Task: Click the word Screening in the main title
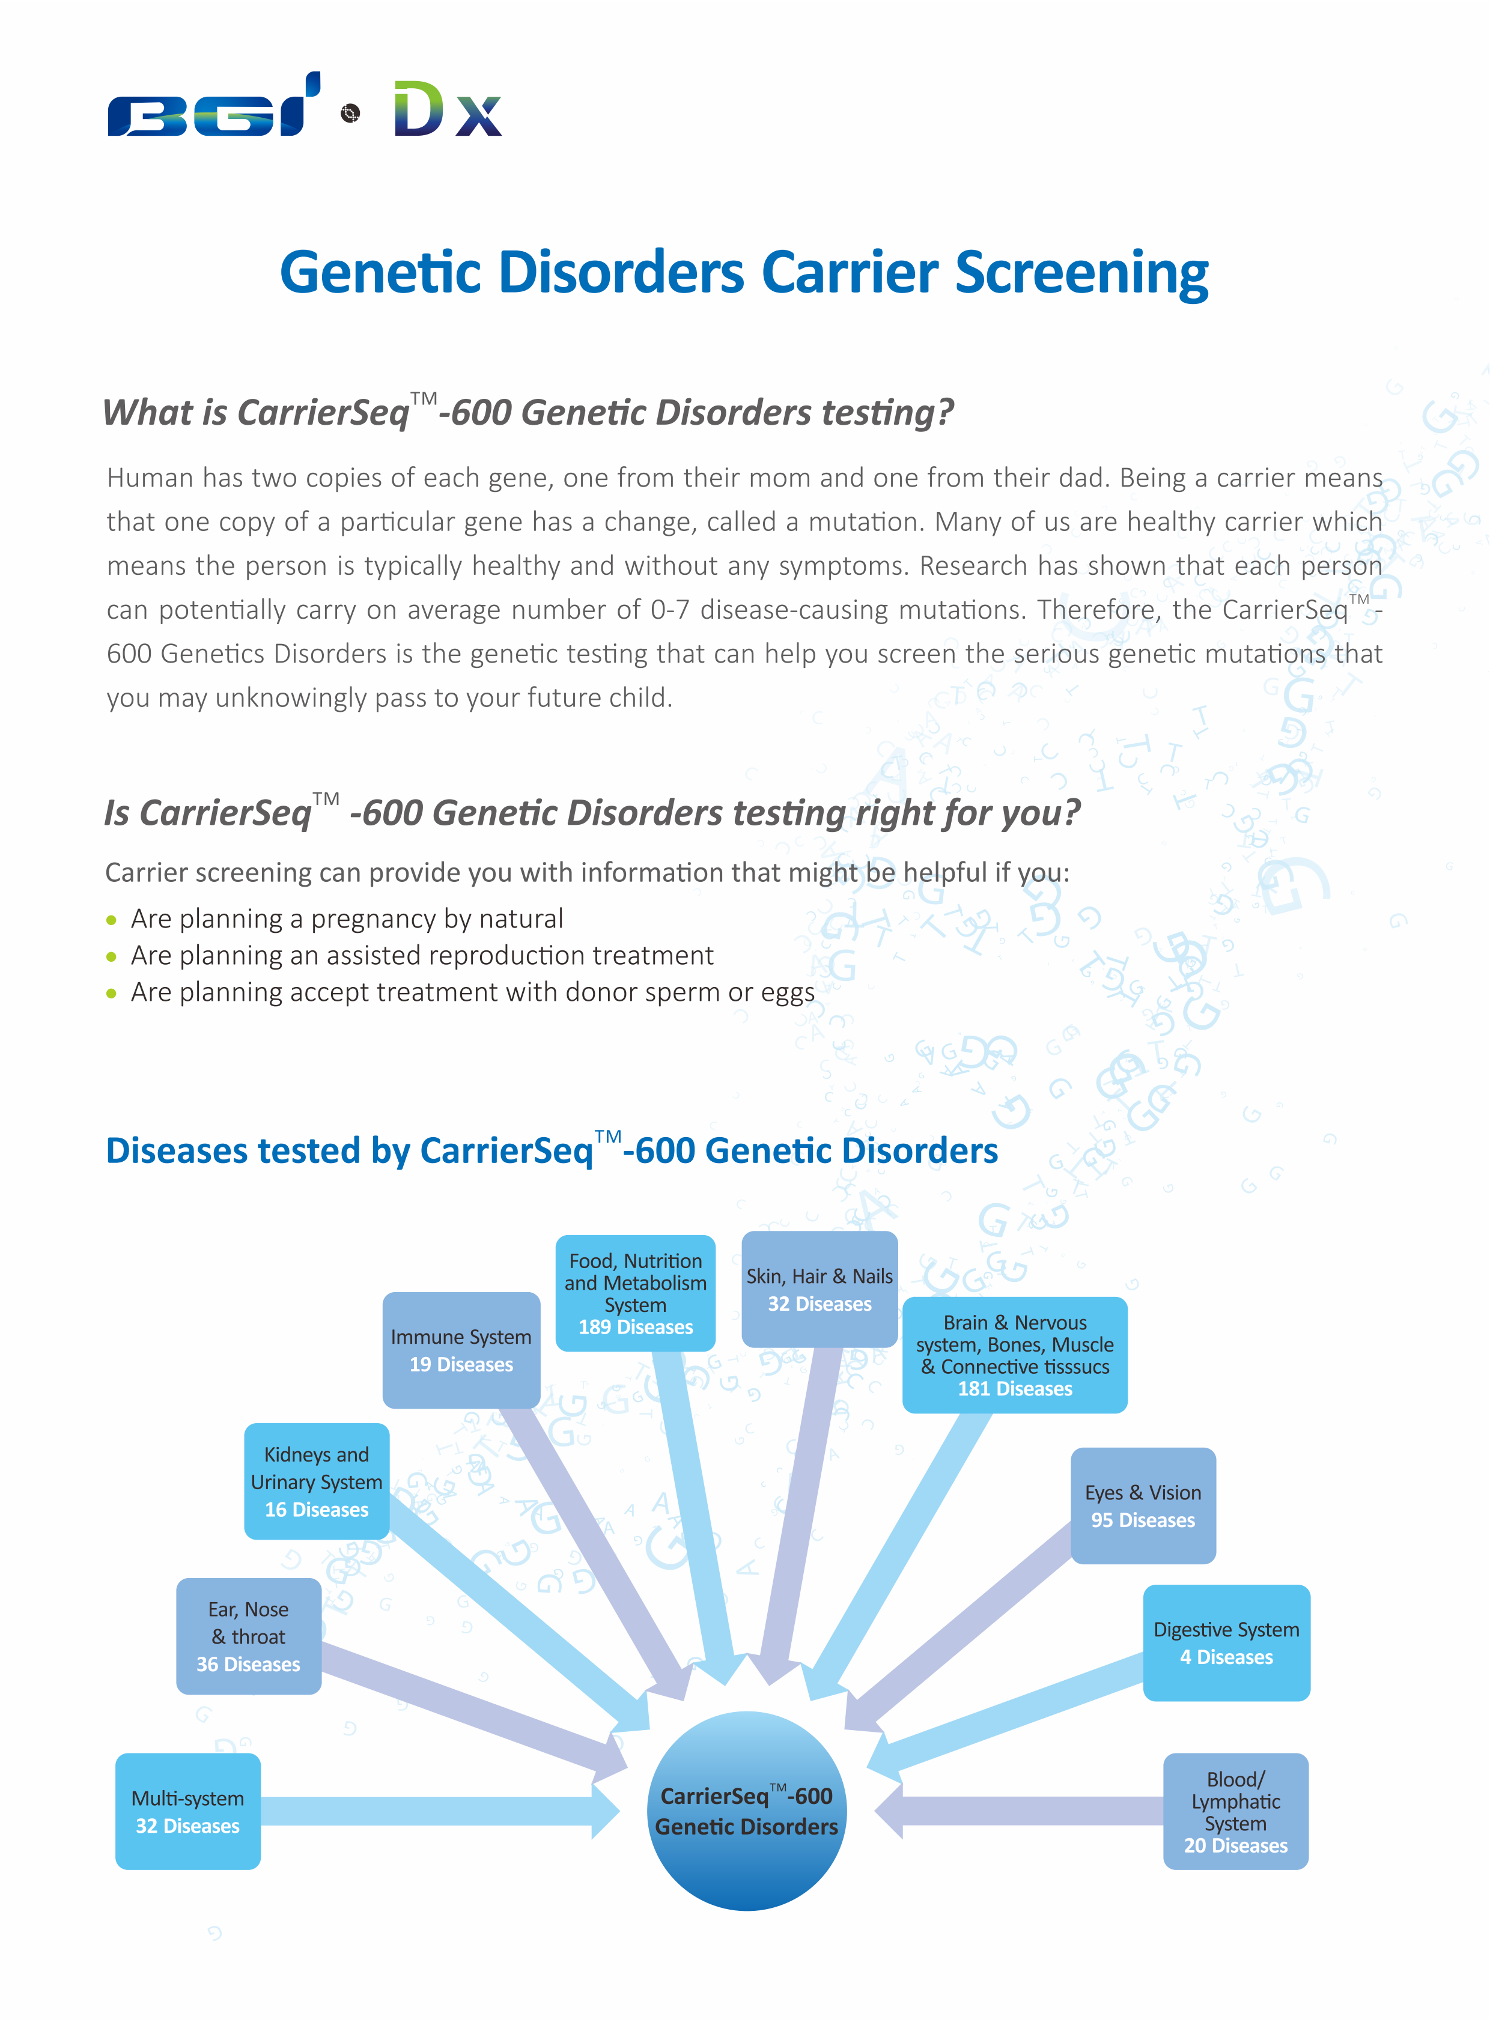pos(1081,272)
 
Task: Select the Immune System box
pos(461,1350)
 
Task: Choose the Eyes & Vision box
pos(1143,1505)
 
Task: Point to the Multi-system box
pos(187,1811)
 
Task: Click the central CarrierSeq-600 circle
pos(746,1811)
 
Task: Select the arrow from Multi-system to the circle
pos(433,1811)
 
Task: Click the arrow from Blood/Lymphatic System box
pos(1019,1811)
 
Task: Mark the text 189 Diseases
pos(636,1328)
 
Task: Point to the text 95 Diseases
pos(1143,1520)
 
